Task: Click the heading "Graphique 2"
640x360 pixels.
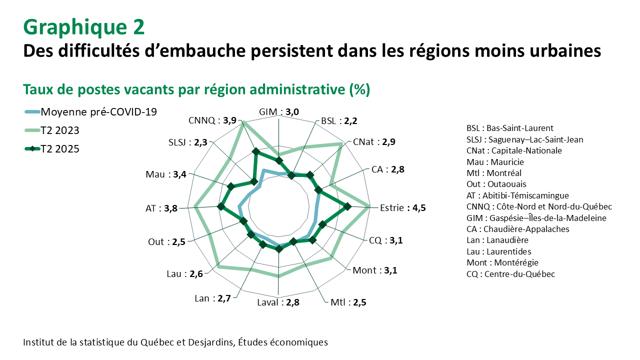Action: pyautogui.click(x=84, y=27)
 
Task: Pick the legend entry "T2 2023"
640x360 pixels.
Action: pyautogui.click(x=60, y=130)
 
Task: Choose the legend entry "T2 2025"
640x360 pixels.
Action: pyautogui.click(x=60, y=149)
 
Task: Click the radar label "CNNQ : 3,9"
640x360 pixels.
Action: pyautogui.click(x=212, y=120)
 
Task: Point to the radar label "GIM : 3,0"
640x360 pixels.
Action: pyautogui.click(x=279, y=112)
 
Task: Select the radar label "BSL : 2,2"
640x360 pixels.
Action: pyautogui.click(x=339, y=121)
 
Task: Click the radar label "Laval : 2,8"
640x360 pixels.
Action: pyautogui.click(x=278, y=302)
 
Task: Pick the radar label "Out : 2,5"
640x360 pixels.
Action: pyautogui.click(x=166, y=242)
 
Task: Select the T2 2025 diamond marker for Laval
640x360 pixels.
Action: pyautogui.click(x=278, y=249)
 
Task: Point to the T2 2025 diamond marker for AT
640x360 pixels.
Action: pyautogui.click(x=220, y=206)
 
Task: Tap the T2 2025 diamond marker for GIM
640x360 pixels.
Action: pyautogui.click(x=278, y=160)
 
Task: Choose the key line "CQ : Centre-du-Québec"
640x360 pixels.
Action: pyautogui.click(x=510, y=274)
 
